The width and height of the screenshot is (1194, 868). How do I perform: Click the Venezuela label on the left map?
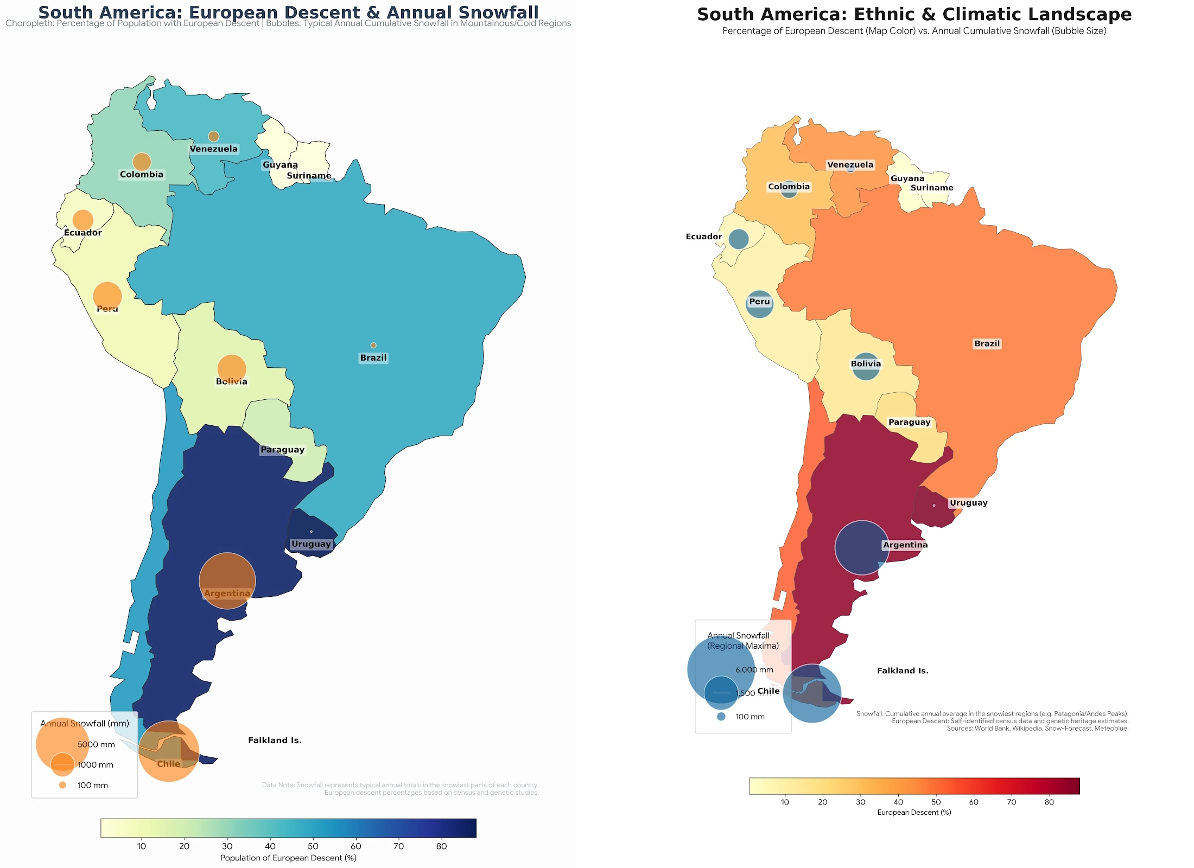(x=213, y=149)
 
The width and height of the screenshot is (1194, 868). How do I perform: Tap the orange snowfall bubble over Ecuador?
(x=83, y=220)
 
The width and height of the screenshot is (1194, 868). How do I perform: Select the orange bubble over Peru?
(x=107, y=296)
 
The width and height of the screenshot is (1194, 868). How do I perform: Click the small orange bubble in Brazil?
(x=373, y=345)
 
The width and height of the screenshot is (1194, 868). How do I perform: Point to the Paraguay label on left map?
(x=282, y=450)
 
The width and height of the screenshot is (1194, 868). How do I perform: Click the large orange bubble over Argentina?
(x=227, y=580)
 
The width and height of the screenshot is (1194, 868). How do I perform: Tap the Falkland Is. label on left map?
(x=275, y=741)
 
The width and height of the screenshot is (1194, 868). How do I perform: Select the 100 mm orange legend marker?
(x=62, y=785)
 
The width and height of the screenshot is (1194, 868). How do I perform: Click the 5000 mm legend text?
(x=96, y=744)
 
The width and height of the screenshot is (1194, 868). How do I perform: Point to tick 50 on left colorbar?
(x=313, y=846)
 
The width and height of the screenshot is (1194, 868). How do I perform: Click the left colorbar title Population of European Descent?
(x=288, y=858)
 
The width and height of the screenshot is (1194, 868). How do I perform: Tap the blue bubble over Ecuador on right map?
(x=738, y=239)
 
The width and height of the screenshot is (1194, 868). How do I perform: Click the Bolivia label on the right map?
(x=866, y=364)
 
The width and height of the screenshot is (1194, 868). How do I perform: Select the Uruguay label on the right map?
(x=968, y=503)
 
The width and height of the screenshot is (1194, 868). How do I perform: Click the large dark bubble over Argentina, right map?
(x=861, y=547)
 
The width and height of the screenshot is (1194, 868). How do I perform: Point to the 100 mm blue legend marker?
(x=721, y=717)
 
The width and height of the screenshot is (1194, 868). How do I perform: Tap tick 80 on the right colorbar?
(x=1049, y=802)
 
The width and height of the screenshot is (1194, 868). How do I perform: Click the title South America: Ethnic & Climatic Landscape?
(x=914, y=15)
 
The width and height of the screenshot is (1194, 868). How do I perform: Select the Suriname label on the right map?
(x=931, y=188)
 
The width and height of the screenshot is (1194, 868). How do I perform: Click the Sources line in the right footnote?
(x=1037, y=729)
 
